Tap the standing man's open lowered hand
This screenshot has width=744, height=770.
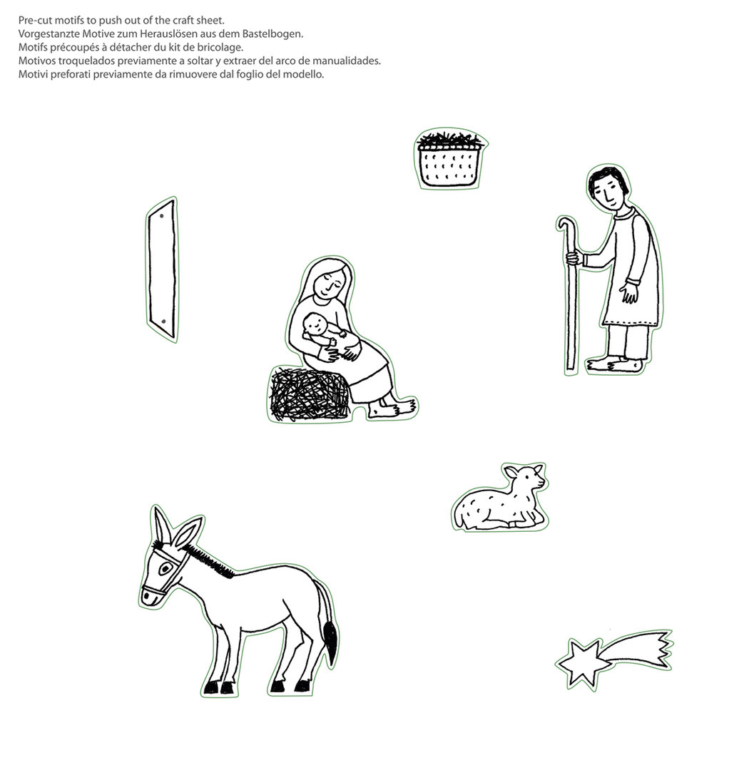(628, 293)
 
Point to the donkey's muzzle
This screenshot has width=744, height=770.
(150, 595)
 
